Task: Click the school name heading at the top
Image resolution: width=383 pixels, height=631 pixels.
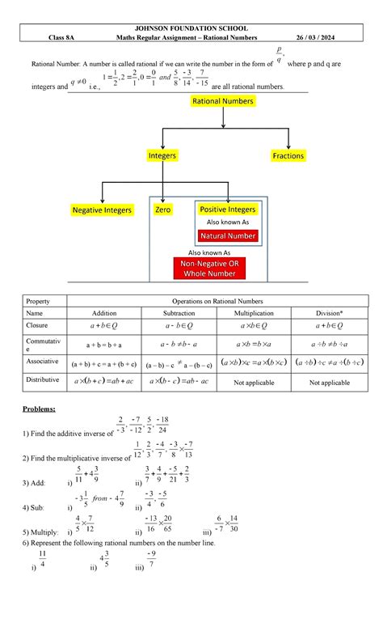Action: [191, 26]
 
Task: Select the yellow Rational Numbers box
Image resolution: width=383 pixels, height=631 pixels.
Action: [221, 101]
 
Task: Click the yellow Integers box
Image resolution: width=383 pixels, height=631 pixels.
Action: [162, 155]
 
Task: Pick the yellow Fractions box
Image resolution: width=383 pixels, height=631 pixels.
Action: [288, 155]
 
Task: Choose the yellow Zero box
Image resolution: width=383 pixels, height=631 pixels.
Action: [163, 210]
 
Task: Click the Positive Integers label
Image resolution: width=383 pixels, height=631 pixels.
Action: [227, 210]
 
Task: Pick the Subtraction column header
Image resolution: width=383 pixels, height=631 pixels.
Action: [185, 312]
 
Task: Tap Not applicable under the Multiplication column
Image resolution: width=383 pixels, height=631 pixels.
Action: [255, 382]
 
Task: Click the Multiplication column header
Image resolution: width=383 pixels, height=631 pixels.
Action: [255, 312]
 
